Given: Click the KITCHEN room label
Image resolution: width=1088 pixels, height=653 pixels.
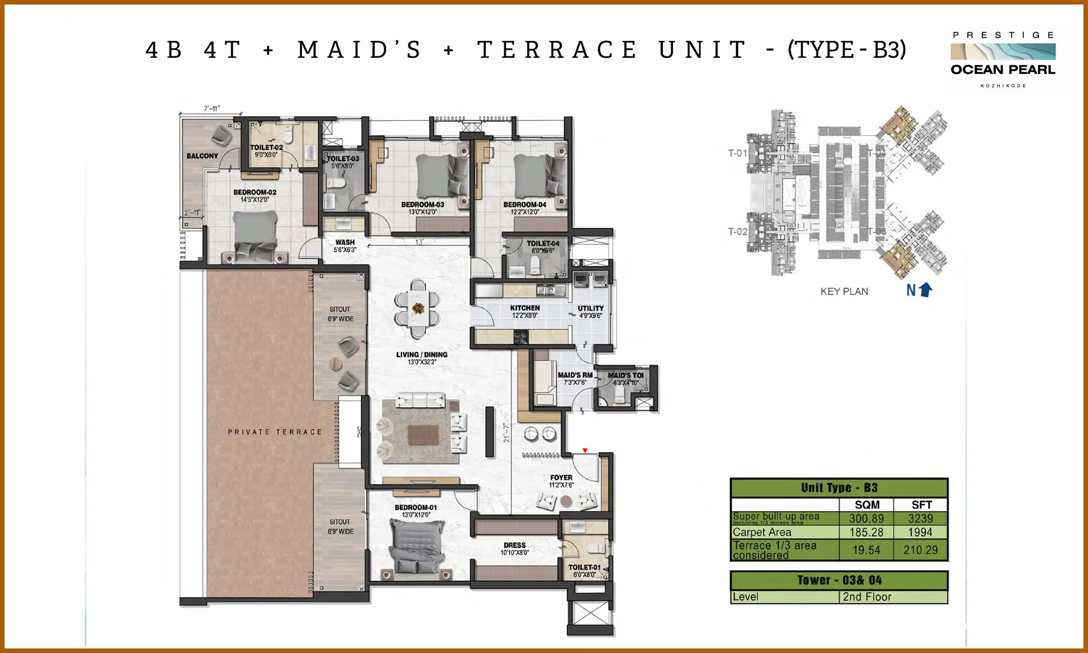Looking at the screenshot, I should [525, 308].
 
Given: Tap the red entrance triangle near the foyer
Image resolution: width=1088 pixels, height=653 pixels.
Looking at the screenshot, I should [585, 450].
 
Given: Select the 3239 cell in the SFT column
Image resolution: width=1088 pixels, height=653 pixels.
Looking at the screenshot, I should [920, 518].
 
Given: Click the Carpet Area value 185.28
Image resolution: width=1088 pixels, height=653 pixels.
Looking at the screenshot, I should [866, 532].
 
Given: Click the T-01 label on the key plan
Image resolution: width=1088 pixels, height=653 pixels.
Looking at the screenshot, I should [737, 153].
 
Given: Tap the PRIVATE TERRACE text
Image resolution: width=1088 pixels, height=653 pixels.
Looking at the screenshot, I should [275, 432].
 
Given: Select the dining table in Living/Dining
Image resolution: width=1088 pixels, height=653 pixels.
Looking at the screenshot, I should [418, 309].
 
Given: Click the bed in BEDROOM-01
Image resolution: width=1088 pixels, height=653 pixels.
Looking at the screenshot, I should [417, 546].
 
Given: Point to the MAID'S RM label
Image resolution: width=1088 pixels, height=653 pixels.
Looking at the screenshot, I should [575, 375].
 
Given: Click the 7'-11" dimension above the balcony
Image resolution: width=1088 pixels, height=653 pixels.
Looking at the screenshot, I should [211, 109].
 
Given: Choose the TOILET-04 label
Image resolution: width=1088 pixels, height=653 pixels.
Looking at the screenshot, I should [543, 244].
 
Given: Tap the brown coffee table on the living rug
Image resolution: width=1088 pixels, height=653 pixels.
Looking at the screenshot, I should [423, 434].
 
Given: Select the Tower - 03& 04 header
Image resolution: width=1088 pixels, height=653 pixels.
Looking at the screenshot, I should [839, 580].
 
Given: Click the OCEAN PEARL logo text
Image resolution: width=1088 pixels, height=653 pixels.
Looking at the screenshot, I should [1003, 70].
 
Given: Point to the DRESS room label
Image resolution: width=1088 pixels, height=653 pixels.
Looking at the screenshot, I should [515, 545].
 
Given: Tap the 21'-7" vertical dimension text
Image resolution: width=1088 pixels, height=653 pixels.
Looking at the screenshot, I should [506, 433].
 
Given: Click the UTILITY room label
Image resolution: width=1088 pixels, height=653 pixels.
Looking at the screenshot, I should [590, 308].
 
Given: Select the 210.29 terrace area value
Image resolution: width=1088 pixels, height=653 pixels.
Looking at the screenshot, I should [920, 550].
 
